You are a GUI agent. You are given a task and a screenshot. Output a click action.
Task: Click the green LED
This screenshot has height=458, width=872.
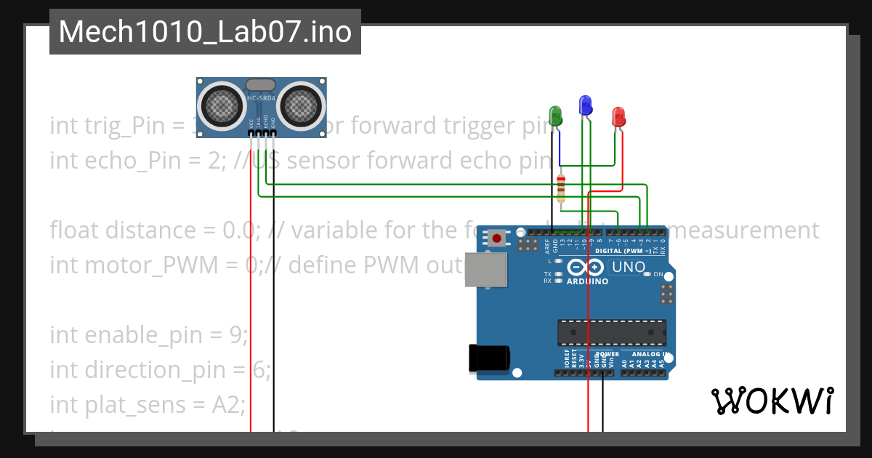point(555,114)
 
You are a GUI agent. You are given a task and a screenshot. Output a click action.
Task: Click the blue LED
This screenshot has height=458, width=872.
point(585,105)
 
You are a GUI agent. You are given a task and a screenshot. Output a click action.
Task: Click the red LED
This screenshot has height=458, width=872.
point(618,116)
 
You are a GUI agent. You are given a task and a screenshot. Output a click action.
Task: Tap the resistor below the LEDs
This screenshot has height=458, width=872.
point(560,188)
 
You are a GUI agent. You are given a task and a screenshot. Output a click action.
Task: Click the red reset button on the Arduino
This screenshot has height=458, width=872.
point(497,238)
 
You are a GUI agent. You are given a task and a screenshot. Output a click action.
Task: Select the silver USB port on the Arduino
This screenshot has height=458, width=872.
point(485,270)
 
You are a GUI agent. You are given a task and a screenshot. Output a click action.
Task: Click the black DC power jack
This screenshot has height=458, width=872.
point(489,358)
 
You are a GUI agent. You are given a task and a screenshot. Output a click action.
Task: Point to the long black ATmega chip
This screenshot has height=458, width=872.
point(612,332)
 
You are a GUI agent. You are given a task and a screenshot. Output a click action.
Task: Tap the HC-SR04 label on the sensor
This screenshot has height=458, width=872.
point(261,98)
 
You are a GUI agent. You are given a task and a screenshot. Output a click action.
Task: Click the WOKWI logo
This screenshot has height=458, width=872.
point(772,401)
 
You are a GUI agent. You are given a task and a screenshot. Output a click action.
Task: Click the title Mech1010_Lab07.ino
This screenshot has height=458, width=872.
point(205,32)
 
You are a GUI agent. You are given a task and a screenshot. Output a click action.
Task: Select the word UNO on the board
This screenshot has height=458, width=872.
point(629,267)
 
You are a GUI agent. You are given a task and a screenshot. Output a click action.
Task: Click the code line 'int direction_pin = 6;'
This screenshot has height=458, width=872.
point(160,370)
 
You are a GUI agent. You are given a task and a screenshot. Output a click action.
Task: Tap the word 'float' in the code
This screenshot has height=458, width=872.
point(73,230)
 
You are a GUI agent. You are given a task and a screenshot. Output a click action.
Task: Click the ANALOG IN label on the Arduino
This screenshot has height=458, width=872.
point(649,355)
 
